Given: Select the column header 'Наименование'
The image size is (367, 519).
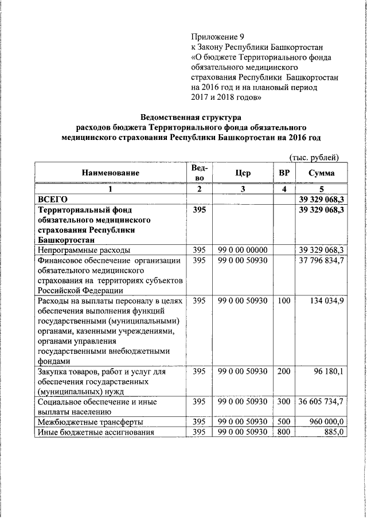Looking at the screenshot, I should (x=110, y=172).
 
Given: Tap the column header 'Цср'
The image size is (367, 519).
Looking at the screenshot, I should (x=243, y=172).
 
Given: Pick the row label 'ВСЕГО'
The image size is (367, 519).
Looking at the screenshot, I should (x=53, y=199).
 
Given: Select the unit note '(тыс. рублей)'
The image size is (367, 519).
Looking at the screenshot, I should (x=313, y=158).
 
